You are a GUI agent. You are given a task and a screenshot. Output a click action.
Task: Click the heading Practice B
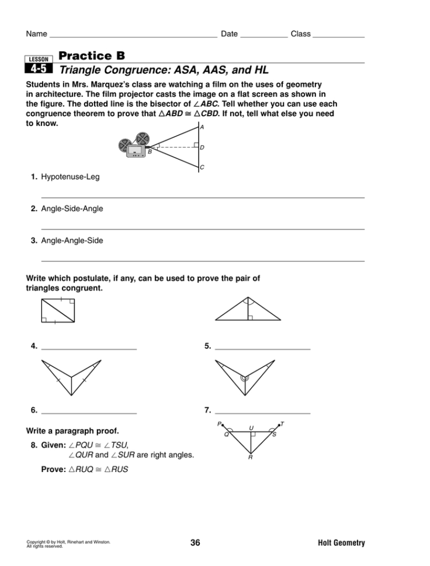[x=92, y=55]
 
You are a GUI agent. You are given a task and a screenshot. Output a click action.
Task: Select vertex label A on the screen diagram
[x=202, y=127]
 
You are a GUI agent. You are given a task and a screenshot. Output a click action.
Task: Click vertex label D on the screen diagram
[x=202, y=148]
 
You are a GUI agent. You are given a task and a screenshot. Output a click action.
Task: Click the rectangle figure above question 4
[x=58, y=310]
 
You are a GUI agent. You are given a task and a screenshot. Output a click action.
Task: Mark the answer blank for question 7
[x=263, y=412]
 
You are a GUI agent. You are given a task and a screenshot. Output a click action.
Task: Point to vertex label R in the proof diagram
[x=250, y=458]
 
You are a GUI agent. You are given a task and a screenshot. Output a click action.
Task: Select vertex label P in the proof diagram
[x=219, y=424]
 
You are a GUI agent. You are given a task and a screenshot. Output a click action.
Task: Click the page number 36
[x=195, y=543]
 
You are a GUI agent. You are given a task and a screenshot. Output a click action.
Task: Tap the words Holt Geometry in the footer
[x=341, y=543]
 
